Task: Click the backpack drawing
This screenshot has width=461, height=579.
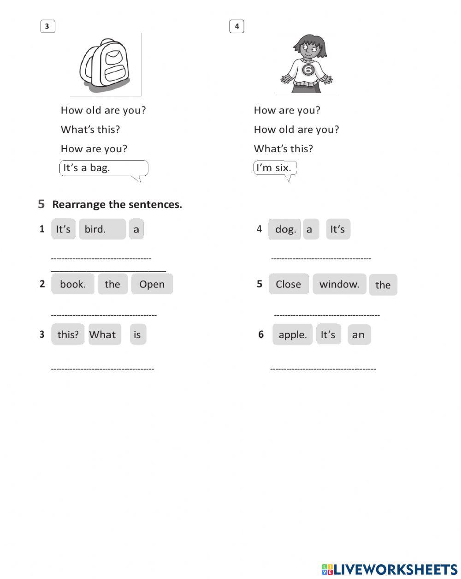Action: pyautogui.click(x=105, y=64)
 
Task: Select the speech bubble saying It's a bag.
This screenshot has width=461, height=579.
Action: pyautogui.click(x=103, y=168)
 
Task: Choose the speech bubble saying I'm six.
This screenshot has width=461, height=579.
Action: pyautogui.click(x=275, y=168)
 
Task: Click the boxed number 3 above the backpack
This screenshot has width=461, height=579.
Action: pyautogui.click(x=47, y=26)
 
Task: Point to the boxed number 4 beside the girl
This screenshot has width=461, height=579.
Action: pyautogui.click(x=236, y=26)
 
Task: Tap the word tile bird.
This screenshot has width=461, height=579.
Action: pyautogui.click(x=102, y=229)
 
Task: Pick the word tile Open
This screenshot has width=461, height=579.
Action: pyautogui.click(x=152, y=284)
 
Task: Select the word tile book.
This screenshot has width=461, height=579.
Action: pyautogui.click(x=73, y=284)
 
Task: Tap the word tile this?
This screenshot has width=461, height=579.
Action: pyautogui.click(x=68, y=334)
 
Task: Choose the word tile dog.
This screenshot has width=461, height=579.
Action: pyautogui.click(x=285, y=229)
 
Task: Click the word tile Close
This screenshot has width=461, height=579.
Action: pyautogui.click(x=288, y=284)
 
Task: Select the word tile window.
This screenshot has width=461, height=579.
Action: pyautogui.click(x=339, y=284)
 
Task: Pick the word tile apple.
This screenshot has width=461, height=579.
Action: pyautogui.click(x=292, y=334)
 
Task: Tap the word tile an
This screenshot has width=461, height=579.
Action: pyautogui.click(x=359, y=335)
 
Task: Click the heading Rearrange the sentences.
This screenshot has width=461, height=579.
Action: pyautogui.click(x=117, y=204)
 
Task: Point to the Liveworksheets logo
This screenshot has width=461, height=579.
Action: pyautogui.click(x=390, y=569)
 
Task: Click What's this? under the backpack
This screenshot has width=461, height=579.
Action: pyautogui.click(x=90, y=130)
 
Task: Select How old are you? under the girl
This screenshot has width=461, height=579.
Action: pyautogui.click(x=296, y=130)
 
